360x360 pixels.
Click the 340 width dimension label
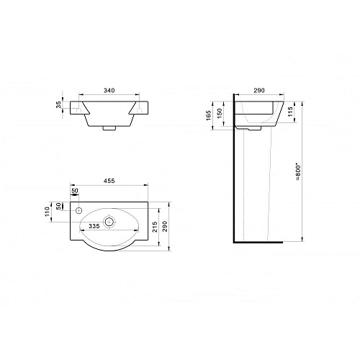coord(109,91)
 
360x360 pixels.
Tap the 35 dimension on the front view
coord(59,105)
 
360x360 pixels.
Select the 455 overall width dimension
coord(109,181)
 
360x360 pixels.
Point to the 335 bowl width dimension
coord(94,226)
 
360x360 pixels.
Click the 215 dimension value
coord(155,227)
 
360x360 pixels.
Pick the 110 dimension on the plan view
coord(47,212)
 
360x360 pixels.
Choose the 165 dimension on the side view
coord(209,115)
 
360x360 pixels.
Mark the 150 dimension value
coord(220,113)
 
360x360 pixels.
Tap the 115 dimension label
coord(290,112)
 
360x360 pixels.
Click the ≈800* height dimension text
coord(298,172)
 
